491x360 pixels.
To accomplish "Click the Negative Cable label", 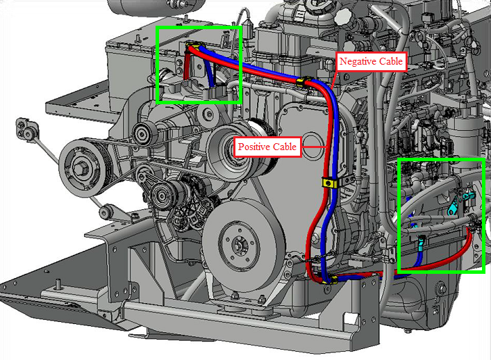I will (371, 61).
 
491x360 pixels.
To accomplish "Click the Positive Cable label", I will (267, 147).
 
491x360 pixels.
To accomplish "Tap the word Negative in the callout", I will (356, 61).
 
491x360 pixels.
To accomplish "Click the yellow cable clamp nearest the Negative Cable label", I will (303, 81).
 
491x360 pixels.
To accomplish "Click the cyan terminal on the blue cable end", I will (421, 243).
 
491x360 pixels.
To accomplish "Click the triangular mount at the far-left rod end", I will (27, 128).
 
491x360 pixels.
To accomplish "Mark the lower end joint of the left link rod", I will (106, 211).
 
